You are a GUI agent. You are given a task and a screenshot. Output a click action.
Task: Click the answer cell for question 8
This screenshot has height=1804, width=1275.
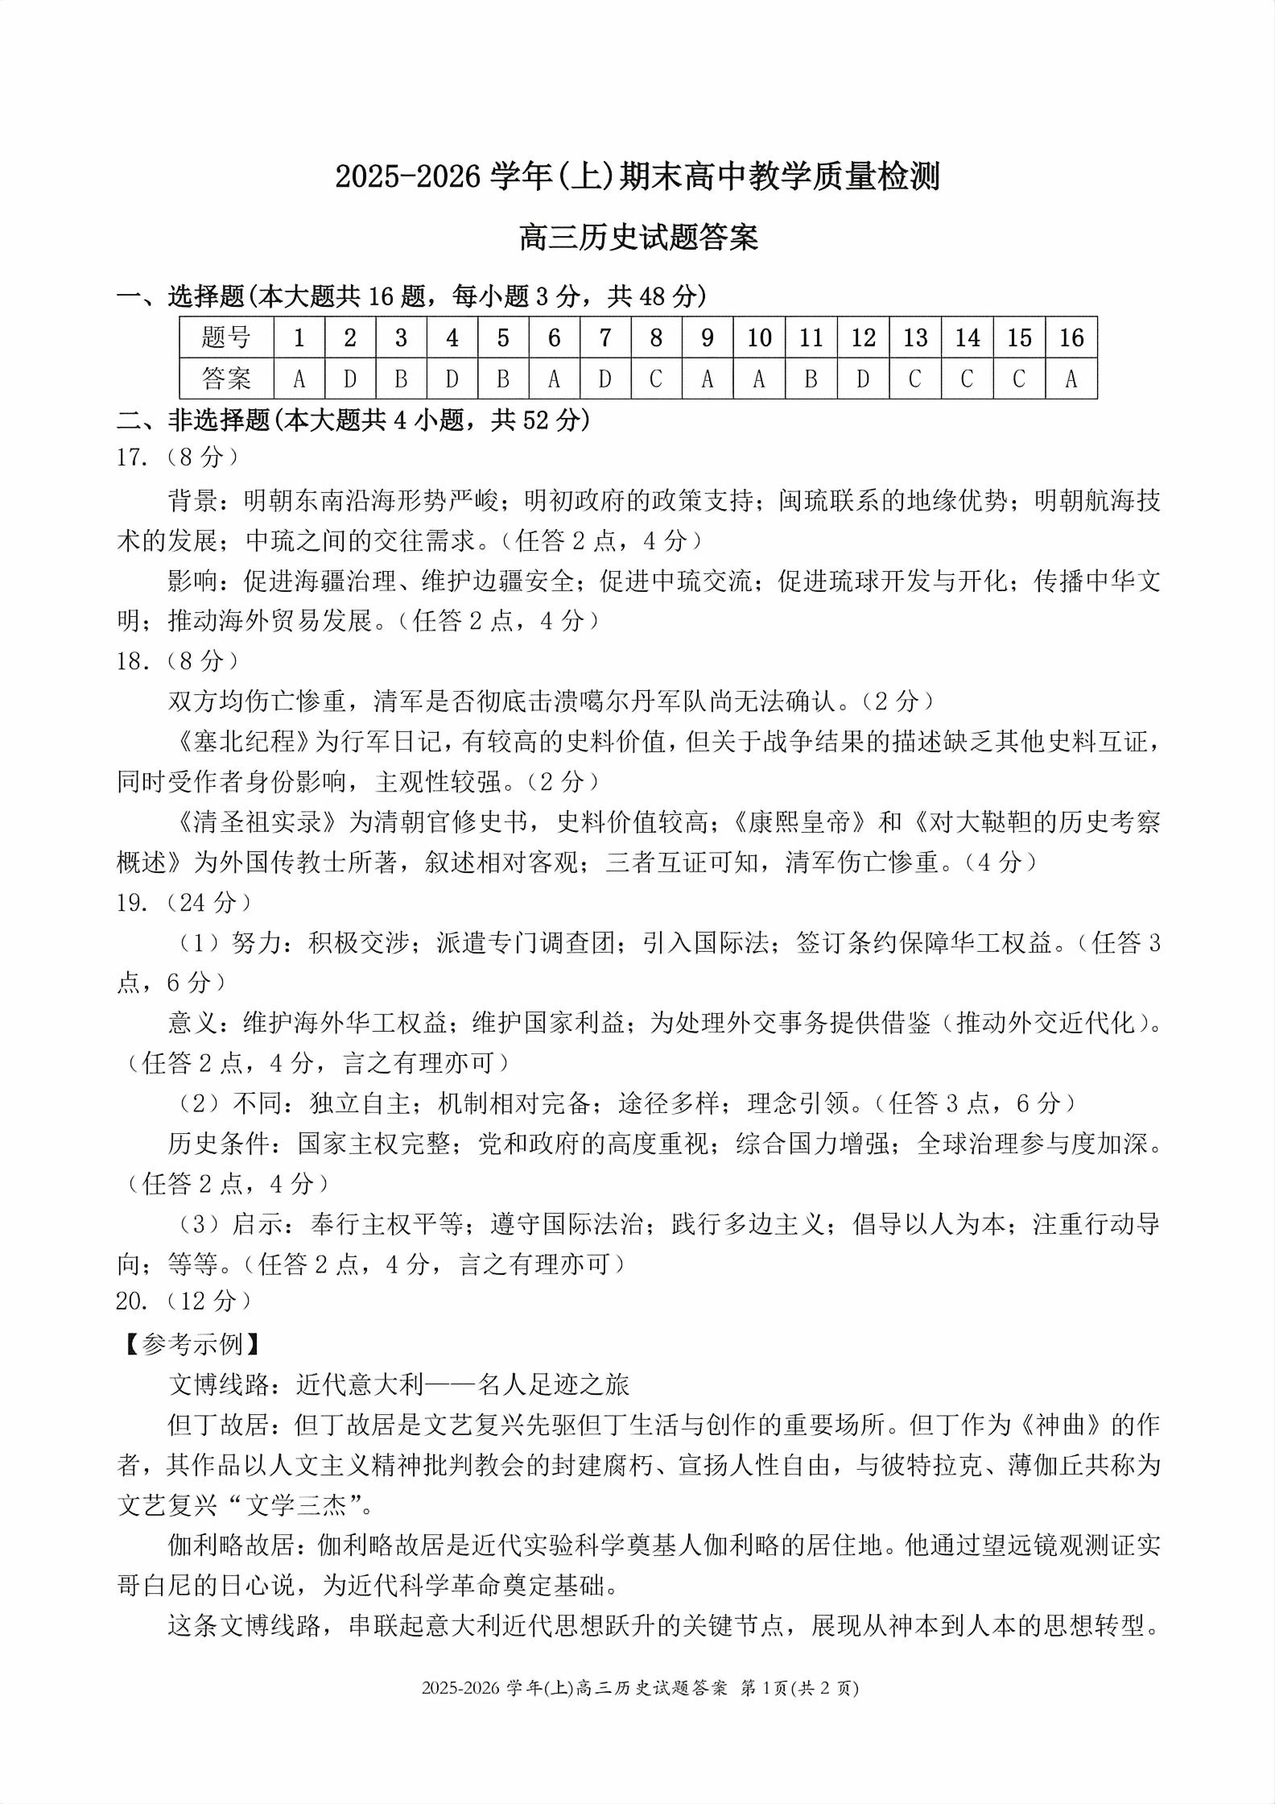(x=656, y=379)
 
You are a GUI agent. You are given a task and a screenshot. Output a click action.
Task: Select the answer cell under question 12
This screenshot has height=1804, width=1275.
(x=863, y=379)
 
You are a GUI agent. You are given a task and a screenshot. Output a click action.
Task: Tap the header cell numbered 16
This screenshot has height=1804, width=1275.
(x=1071, y=337)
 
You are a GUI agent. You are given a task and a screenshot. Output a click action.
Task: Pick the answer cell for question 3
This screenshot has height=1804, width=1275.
(x=401, y=379)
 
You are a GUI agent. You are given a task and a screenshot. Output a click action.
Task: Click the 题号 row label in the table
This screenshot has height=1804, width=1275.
(x=226, y=337)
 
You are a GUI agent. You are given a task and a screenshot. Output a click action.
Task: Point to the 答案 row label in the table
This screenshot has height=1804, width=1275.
(x=226, y=379)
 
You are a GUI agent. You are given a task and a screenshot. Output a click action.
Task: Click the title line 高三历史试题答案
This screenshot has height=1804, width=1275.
(x=638, y=238)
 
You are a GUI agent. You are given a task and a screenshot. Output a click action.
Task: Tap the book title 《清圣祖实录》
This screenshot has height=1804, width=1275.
(x=258, y=822)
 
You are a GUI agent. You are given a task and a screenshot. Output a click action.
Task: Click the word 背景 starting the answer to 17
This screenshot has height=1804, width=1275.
(x=193, y=501)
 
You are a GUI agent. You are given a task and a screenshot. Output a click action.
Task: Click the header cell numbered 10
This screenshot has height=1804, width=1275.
(x=759, y=337)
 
